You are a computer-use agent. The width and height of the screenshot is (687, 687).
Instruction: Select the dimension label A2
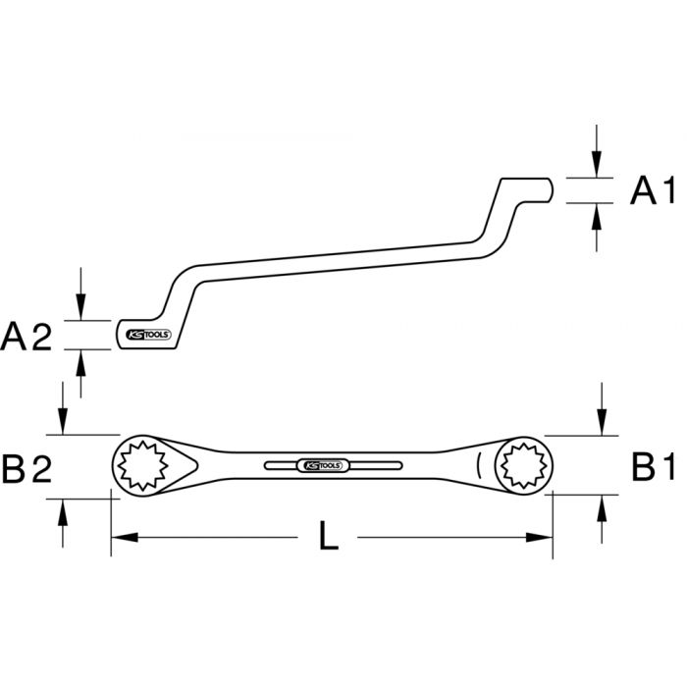click(26, 337)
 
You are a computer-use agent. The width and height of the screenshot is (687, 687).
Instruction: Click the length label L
click(330, 538)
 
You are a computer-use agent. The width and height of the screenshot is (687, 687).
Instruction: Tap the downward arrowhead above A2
click(80, 310)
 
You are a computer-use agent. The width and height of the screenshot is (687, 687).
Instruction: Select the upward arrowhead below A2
click(80, 360)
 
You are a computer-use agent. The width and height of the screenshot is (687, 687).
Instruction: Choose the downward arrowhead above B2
click(63, 424)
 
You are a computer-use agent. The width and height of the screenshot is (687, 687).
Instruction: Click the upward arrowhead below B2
click(63, 507)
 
